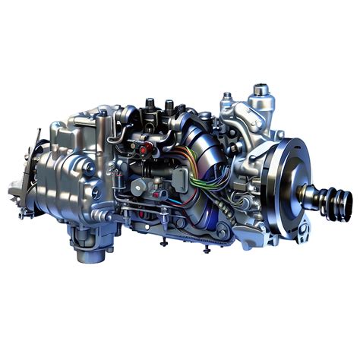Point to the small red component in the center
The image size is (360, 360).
pyautogui.click(x=144, y=151)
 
